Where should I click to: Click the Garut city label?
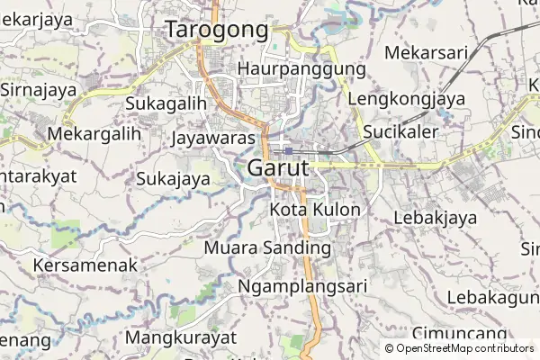click(x=277, y=168)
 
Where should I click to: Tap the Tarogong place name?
click(x=217, y=30)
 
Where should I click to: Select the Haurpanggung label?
click(x=301, y=68)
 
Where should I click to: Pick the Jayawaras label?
click(x=214, y=138)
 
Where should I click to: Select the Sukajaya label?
click(x=173, y=178)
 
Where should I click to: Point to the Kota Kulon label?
click(x=315, y=210)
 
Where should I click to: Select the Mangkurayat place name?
click(x=181, y=337)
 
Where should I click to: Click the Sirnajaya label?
click(x=40, y=90)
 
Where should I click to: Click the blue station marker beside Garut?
click(x=287, y=150)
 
